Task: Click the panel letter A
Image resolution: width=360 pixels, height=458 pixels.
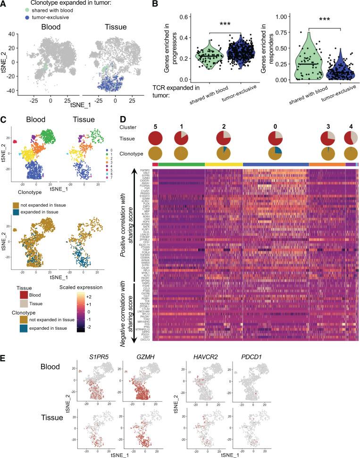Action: click(4, 4)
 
